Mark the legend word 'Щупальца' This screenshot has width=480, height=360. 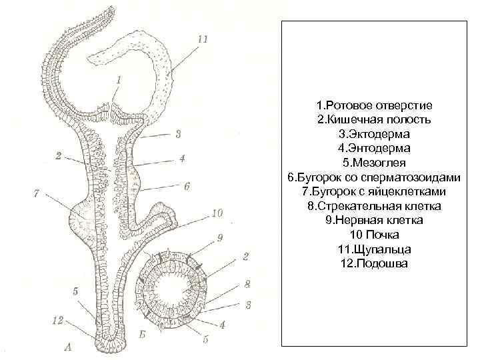pos(382,249)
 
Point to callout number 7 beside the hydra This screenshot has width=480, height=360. pos(37,193)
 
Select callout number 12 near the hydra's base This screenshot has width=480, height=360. pos(57,321)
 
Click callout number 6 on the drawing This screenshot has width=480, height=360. pos(187,186)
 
